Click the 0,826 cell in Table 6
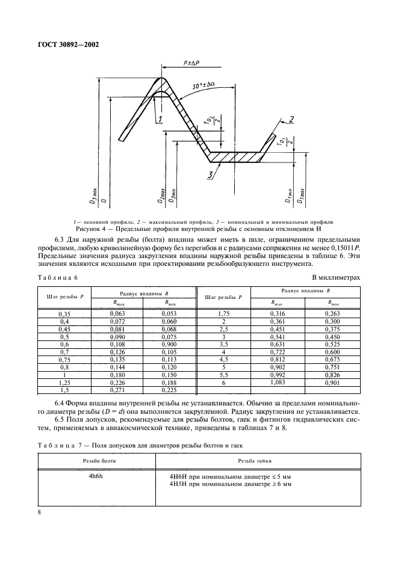(x=333, y=375)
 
